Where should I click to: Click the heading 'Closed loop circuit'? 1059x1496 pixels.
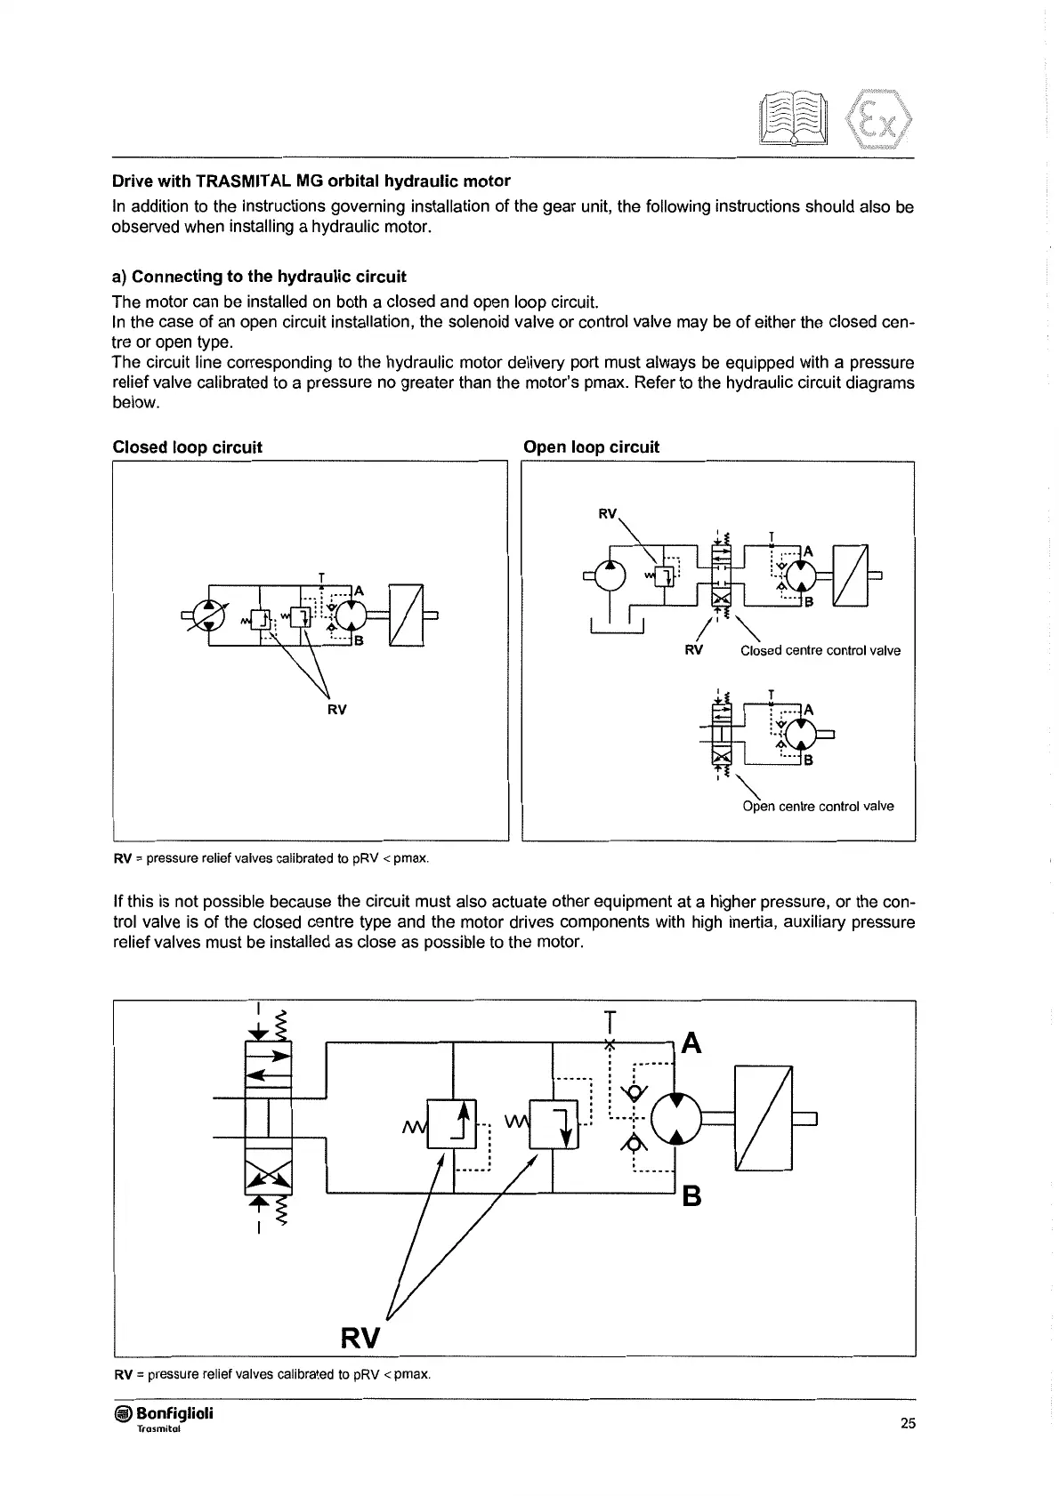click(x=187, y=447)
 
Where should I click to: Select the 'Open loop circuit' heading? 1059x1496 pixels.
click(x=592, y=447)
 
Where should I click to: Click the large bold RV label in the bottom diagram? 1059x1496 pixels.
click(x=360, y=1338)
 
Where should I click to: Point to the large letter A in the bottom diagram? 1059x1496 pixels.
click(x=691, y=1043)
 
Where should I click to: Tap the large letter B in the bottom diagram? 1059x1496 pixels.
click(x=691, y=1197)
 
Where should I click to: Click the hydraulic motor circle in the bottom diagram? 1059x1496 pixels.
click(x=677, y=1118)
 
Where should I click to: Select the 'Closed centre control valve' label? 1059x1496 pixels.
click(x=820, y=650)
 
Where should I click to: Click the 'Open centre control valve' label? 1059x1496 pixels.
click(x=818, y=806)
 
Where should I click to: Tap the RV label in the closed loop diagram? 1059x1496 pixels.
click(x=336, y=710)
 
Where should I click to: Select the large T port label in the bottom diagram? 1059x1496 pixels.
click(x=610, y=1018)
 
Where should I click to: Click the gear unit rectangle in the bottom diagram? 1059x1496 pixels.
click(x=763, y=1118)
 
